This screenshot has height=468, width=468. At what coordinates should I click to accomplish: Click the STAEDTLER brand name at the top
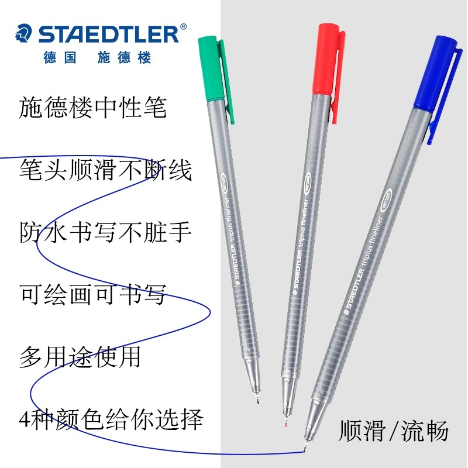pyautogui.click(x=109, y=34)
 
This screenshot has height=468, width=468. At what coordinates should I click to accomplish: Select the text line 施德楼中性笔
pyautogui.click(x=93, y=108)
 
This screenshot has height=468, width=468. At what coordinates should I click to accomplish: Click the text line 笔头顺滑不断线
pyautogui.click(x=105, y=170)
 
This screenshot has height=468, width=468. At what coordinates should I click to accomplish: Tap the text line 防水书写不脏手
pyautogui.click(x=105, y=232)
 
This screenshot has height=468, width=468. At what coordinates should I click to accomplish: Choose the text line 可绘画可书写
pyautogui.click(x=92, y=294)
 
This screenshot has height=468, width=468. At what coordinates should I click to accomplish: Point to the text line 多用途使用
pyautogui.click(x=80, y=356)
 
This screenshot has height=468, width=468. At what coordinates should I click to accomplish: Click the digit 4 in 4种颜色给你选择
pyautogui.click(x=25, y=419)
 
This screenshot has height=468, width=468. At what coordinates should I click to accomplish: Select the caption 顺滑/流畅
pyautogui.click(x=393, y=431)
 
